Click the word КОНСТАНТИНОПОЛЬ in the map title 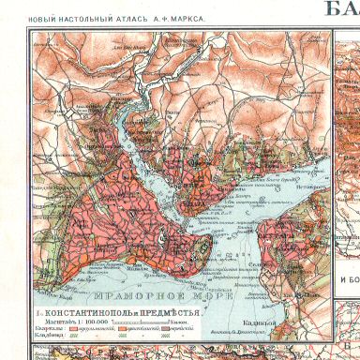[87, 310]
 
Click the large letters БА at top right [342, 9]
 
